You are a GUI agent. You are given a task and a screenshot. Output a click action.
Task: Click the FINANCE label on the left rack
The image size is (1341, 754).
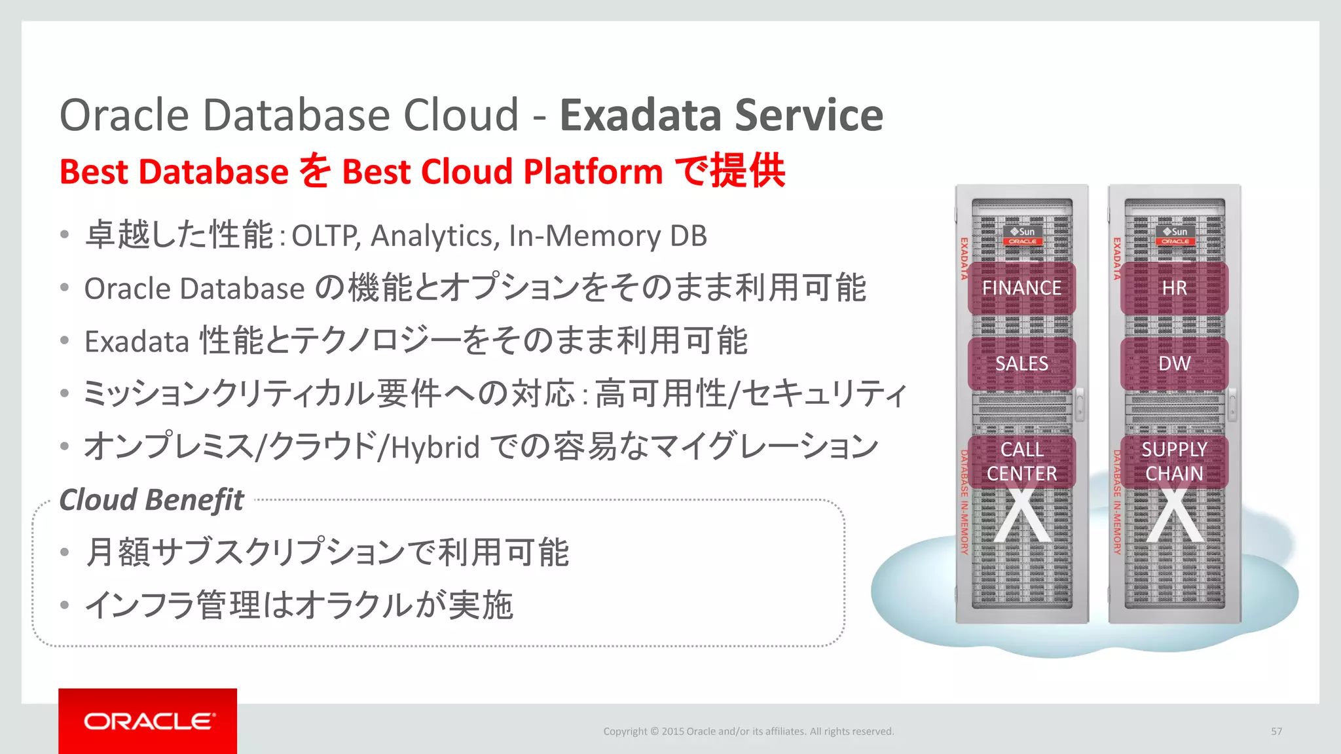coord(1021,288)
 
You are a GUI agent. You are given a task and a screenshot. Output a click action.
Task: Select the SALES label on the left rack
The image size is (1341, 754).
coord(1021,363)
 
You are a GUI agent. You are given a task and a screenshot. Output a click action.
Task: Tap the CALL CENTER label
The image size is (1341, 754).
coord(1021,461)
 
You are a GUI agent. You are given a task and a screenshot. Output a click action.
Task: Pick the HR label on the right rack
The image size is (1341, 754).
coord(1174,288)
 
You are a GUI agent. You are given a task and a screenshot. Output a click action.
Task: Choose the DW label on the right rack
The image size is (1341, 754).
coord(1174,363)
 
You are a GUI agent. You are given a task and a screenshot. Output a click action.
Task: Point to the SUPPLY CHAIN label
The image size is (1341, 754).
coord(1174,461)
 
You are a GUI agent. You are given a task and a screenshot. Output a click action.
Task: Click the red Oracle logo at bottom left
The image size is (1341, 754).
coord(148,721)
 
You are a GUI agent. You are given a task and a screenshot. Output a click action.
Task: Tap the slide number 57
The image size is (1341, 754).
coord(1276,731)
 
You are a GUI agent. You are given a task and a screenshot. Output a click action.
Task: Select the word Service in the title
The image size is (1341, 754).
coord(809,115)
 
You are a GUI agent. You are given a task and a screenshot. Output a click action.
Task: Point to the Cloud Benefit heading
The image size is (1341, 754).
coord(151,500)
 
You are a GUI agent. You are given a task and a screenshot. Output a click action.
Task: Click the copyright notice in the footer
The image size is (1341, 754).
coord(748,731)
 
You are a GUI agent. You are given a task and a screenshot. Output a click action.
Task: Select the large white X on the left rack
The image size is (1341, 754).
coord(1023,516)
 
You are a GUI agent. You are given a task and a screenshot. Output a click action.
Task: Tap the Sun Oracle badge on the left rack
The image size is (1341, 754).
coord(1023,236)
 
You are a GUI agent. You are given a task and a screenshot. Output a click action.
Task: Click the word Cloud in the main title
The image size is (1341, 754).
coord(461,115)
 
